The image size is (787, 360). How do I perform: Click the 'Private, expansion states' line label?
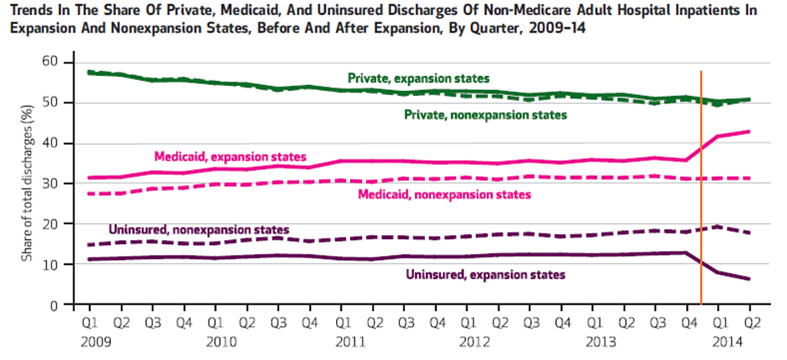419,77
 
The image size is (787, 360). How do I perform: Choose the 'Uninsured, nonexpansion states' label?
198,229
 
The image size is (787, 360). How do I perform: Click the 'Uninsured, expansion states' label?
485,274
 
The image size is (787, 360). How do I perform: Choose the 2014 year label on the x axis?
724,342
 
